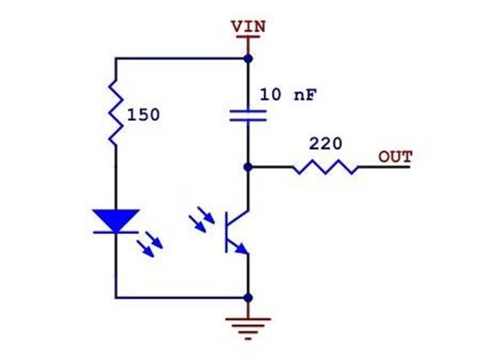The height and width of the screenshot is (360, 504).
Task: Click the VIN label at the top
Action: tap(248, 26)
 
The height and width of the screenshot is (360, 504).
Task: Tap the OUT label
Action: tap(395, 156)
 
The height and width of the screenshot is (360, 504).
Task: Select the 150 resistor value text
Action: tap(143, 114)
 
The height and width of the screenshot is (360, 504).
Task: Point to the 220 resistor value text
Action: tap(325, 143)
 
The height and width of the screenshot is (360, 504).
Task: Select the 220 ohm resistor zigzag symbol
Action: tap(325, 168)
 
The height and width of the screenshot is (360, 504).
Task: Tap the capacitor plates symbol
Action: tap(248, 115)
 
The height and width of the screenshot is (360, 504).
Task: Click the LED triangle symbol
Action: tap(115, 218)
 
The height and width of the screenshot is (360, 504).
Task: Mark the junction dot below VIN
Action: tap(248, 58)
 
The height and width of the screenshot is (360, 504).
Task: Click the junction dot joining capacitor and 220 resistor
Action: tap(248, 167)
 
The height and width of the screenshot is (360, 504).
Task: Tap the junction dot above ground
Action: tap(248, 297)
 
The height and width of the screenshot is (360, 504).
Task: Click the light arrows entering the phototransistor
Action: tap(202, 221)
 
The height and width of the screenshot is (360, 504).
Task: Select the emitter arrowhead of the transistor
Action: tap(243, 250)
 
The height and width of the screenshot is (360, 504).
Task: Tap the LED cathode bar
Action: tap(115, 232)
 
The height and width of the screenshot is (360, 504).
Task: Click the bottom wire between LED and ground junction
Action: tap(180, 297)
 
